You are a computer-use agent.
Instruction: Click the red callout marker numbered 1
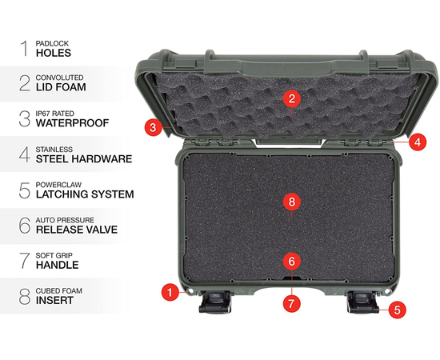[170, 292]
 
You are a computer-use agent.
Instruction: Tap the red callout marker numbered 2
[293, 99]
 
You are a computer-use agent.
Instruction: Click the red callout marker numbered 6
[293, 261]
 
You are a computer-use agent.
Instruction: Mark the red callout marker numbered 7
[293, 303]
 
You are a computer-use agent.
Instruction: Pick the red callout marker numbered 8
[293, 202]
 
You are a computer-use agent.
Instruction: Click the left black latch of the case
[212, 303]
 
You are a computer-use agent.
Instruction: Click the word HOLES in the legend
[53, 53]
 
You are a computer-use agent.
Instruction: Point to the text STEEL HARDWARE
[83, 159]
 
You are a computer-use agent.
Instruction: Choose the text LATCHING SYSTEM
[84, 194]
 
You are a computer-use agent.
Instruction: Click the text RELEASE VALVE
[76, 230]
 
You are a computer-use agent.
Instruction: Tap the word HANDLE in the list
[57, 265]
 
